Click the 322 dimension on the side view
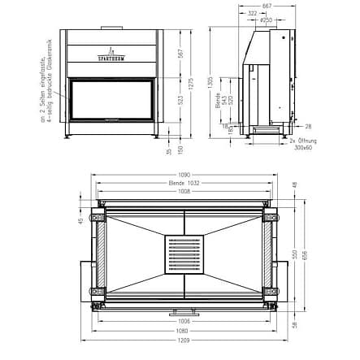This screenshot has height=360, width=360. [252, 14]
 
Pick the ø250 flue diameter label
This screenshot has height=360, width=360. [265, 21]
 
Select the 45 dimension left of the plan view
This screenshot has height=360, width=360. [81, 219]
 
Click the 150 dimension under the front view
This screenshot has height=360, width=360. [180, 148]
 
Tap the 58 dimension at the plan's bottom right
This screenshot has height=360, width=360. [295, 324]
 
